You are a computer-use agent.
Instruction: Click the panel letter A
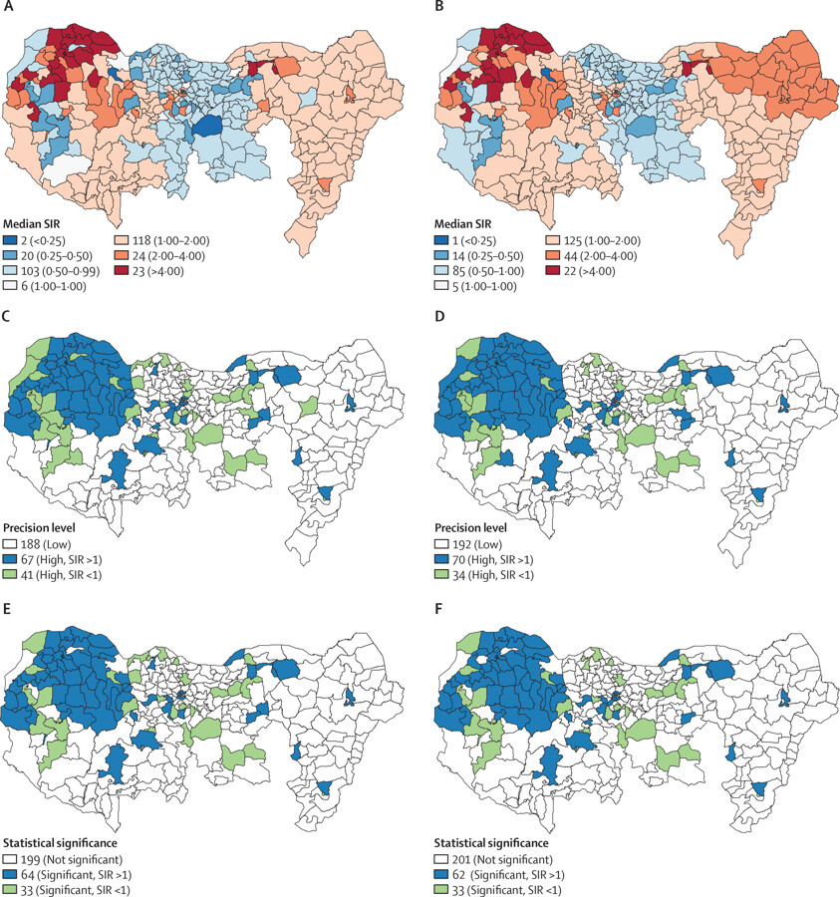pos(7,7)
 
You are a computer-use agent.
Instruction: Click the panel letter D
pos(439,316)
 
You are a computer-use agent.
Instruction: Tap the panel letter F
pos(438,608)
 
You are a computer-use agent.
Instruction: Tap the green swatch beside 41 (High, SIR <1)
pos(10,575)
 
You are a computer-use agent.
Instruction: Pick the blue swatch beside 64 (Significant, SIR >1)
pos(10,875)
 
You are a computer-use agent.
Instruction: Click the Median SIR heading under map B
pos(462,224)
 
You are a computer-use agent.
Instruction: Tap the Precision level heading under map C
pos(39,527)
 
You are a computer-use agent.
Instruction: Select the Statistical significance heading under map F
pos(491,843)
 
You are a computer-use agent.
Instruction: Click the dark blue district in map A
pos(207,126)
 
